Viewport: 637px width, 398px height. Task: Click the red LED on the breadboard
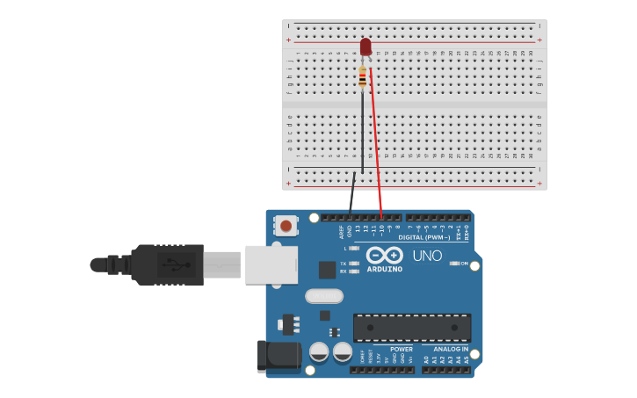click(366, 47)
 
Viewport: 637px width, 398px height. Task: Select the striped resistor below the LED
click(362, 78)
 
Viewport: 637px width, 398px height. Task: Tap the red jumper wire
click(376, 141)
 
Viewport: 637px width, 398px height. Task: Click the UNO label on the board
click(428, 256)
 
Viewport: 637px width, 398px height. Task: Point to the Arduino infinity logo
click(384, 255)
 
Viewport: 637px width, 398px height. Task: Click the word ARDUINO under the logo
click(384, 269)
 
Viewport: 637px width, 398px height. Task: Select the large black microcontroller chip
click(412, 328)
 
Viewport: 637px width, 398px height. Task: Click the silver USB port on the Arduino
click(271, 264)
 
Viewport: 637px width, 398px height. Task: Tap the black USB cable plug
click(167, 264)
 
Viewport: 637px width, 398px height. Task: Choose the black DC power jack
click(278, 356)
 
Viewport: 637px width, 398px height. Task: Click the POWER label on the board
click(402, 349)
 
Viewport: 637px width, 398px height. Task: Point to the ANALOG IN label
click(451, 349)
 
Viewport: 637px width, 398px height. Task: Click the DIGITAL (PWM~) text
click(423, 237)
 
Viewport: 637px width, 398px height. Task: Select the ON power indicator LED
click(454, 264)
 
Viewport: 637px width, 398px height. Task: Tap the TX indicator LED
click(354, 264)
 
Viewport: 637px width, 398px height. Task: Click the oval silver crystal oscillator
click(324, 296)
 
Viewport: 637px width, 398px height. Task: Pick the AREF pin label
click(342, 232)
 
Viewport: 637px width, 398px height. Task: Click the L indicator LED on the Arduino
click(354, 249)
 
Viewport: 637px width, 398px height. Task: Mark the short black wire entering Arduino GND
click(351, 193)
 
